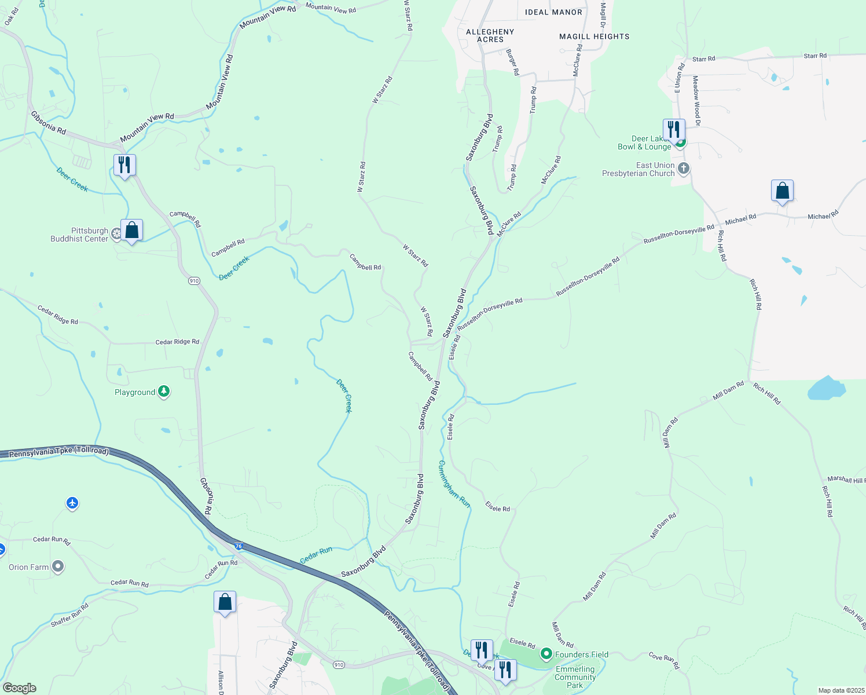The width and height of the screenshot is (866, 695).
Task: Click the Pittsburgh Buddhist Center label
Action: pos(79,235)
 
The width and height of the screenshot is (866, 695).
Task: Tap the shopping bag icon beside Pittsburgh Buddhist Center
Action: pos(132,231)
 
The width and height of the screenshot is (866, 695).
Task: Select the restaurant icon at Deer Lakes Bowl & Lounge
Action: pos(674,130)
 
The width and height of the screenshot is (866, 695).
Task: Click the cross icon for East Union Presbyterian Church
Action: pos(684,169)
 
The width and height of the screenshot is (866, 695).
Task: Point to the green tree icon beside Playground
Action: pos(164,392)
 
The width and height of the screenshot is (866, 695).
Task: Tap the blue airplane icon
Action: pos(72,503)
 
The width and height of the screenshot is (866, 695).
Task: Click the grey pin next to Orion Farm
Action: pos(58,566)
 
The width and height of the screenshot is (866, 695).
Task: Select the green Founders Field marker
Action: pos(546,654)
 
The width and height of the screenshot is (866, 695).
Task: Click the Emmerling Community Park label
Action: pos(575,677)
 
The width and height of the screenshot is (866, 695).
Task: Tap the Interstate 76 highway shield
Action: pos(238,546)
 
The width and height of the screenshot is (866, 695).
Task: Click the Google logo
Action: pos(19,688)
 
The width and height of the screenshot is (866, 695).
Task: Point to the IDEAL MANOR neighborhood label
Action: pos(553,12)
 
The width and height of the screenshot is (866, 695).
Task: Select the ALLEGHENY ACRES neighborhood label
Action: pos(490,36)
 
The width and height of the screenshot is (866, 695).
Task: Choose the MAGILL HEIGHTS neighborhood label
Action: pos(594,36)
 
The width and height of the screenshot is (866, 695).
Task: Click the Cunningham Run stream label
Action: pos(454,484)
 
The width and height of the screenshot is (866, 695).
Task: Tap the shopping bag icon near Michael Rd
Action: pos(782,191)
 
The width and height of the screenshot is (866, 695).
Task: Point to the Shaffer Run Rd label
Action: pos(69,615)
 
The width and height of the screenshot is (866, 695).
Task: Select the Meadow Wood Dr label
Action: pos(696,101)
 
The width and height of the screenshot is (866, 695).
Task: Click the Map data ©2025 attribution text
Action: pos(840,690)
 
